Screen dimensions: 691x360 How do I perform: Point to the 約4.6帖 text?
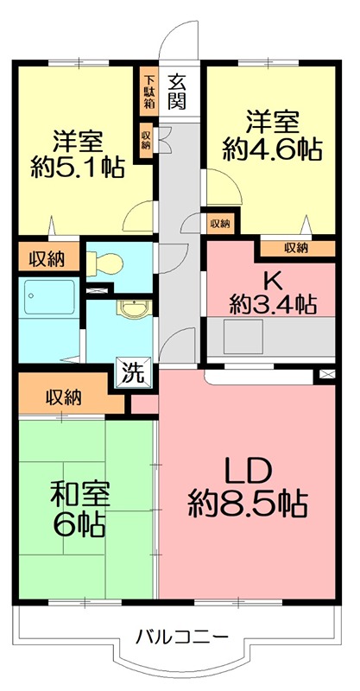(272, 149)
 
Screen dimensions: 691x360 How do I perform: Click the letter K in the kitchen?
(272, 281)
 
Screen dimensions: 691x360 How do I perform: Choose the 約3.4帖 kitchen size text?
(272, 304)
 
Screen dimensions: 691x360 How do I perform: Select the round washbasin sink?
(131, 310)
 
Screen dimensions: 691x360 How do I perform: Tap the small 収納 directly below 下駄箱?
(146, 138)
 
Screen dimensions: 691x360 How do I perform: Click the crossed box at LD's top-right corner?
(325, 374)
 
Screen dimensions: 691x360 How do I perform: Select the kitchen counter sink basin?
(237, 333)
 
